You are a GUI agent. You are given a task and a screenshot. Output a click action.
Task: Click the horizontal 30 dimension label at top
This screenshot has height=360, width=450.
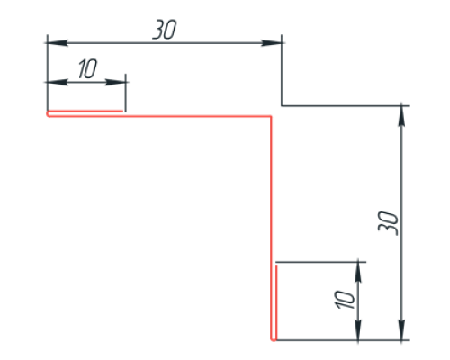pos(165,30)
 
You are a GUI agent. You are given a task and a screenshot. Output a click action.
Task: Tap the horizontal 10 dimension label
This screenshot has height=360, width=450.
pos(87,68)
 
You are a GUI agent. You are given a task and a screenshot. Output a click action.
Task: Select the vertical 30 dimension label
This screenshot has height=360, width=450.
pos(389,223)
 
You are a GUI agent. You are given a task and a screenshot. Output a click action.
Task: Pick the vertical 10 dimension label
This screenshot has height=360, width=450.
pos(345,300)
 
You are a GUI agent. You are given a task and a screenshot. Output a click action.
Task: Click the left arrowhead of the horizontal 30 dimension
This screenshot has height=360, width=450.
pos(57,43)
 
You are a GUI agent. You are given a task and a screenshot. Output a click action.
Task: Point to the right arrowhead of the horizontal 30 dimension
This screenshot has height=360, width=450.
pos(271,43)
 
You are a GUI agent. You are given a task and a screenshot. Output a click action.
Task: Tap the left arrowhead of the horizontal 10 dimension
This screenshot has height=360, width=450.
pos(57,82)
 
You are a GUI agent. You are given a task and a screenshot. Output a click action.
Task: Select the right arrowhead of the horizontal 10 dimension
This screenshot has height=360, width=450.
pos(116,82)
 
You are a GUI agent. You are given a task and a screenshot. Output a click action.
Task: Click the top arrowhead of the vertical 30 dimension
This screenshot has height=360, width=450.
pos(401,116)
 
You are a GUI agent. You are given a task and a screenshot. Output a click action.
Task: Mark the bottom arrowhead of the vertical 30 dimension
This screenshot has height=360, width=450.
pos(401,330)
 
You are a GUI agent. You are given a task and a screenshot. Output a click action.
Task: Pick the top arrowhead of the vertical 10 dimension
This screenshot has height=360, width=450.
pos(358,272)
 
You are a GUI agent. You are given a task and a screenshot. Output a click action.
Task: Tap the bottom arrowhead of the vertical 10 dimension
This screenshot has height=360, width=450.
pos(358,330)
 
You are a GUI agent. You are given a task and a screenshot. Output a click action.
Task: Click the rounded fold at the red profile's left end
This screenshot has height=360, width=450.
pos(48,113)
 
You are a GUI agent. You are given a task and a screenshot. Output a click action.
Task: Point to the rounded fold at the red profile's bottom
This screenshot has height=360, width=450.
pos(274,339)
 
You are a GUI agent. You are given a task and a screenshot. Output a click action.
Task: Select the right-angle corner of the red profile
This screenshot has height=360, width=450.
pos(271,116)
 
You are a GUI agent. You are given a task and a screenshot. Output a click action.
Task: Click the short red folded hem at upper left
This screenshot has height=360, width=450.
pos(85,112)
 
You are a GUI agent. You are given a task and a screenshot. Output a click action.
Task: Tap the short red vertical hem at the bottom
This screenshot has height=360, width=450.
pos(276,301)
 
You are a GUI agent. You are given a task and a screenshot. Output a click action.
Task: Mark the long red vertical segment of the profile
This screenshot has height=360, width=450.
pos(271,228)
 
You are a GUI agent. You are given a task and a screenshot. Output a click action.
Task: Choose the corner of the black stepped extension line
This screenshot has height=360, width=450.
pos(282,105)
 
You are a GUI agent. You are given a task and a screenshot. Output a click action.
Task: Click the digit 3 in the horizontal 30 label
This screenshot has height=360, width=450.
pos(158,30)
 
